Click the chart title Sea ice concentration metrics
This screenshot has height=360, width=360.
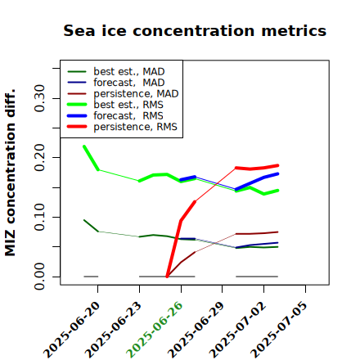click(195, 31)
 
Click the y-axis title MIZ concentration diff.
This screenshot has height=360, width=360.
click(11, 173)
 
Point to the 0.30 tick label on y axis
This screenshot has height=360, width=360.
click(39, 98)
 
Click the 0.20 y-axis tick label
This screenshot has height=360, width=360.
click(39, 158)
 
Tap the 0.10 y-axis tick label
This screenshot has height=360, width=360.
click(39, 217)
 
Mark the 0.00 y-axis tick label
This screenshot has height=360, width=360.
click(39, 277)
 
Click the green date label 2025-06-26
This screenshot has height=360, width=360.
click(155, 330)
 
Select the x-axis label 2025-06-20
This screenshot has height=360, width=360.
click(71, 330)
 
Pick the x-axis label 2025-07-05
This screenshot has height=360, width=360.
click(279, 330)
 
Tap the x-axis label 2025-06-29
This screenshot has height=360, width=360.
click(196, 330)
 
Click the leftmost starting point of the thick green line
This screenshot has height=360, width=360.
click(84, 146)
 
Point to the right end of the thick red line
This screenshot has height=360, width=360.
click(277, 165)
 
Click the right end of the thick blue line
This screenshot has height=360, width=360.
click(277, 173)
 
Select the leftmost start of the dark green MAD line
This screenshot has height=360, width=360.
click(84, 220)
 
